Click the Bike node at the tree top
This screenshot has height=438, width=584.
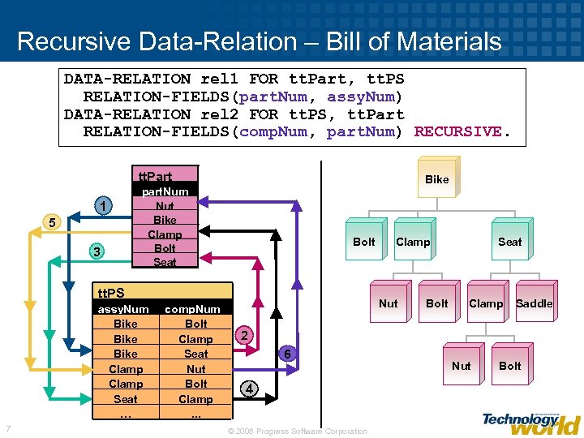(x=436, y=179)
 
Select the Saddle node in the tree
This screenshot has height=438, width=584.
(x=534, y=303)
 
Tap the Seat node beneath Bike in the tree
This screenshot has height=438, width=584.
(x=509, y=242)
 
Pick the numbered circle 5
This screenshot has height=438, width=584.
(x=51, y=222)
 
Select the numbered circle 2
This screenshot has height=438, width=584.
(x=244, y=336)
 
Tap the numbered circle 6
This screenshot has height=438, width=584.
(x=285, y=354)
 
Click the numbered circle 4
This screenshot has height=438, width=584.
(x=250, y=389)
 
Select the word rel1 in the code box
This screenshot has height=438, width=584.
(x=219, y=79)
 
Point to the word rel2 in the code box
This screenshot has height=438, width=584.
(x=219, y=114)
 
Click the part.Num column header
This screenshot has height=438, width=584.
(x=165, y=191)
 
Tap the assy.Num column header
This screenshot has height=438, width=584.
(x=123, y=309)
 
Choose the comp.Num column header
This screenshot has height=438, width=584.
(x=192, y=309)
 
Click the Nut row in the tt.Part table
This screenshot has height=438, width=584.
(x=165, y=206)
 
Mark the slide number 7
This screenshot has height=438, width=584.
(x=7, y=428)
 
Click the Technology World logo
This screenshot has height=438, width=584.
(x=530, y=422)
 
